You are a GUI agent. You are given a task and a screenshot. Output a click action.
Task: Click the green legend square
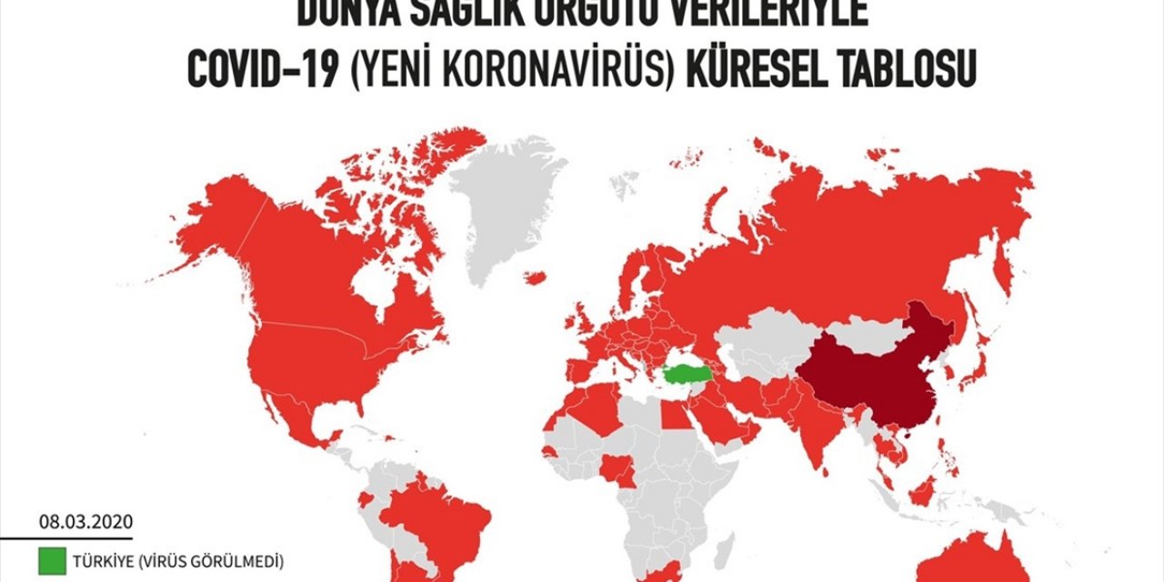click(51, 562)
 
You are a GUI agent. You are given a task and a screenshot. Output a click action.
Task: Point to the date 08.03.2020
click(85, 522)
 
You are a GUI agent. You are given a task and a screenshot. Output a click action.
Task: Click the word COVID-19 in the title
click(246, 70)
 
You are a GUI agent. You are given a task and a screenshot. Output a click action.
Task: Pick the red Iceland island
click(535, 277)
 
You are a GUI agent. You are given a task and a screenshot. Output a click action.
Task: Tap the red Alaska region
click(218, 227)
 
